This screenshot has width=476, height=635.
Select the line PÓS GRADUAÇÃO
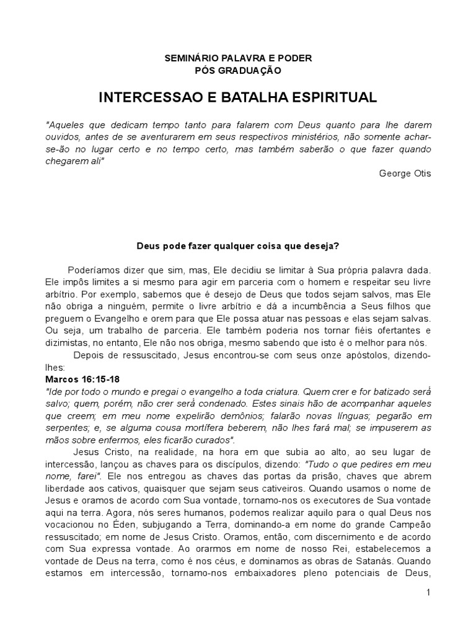click(x=238, y=71)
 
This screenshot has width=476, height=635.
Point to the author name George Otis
click(x=405, y=173)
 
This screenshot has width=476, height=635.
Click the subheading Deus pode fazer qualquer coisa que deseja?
click(x=238, y=246)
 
